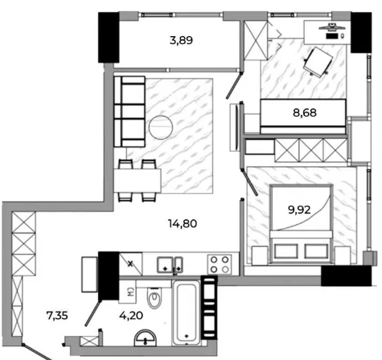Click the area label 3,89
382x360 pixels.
181,41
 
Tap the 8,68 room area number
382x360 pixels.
305,112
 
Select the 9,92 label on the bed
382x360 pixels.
299,210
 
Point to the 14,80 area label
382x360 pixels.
183,223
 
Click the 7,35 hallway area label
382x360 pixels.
57,316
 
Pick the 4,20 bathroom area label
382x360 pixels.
131,316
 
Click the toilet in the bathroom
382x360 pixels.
154,298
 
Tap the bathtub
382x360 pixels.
187,313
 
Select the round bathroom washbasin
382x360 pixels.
145,338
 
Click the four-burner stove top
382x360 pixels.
219,264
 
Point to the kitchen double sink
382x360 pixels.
170,265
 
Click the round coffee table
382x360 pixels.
161,127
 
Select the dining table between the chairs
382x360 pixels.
138,181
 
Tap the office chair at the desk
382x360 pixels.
318,62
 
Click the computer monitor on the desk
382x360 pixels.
332,27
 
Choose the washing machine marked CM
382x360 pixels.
128,292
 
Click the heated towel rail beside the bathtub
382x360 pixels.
209,308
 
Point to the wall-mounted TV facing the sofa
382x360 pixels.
236,127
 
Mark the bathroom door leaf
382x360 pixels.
92,313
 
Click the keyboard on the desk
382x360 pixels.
332,36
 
